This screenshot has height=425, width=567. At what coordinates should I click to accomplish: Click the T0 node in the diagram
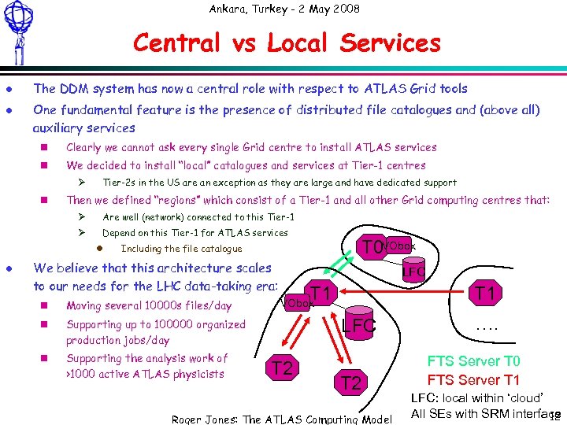pyautogui.click(x=372, y=248)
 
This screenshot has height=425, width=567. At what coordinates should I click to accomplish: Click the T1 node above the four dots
pyautogui.click(x=484, y=294)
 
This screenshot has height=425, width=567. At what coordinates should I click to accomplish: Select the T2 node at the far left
pyautogui.click(x=283, y=367)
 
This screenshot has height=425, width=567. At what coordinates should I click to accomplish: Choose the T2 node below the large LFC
pyautogui.click(x=350, y=383)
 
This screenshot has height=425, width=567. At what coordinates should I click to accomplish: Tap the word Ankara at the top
pyautogui.click(x=228, y=9)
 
